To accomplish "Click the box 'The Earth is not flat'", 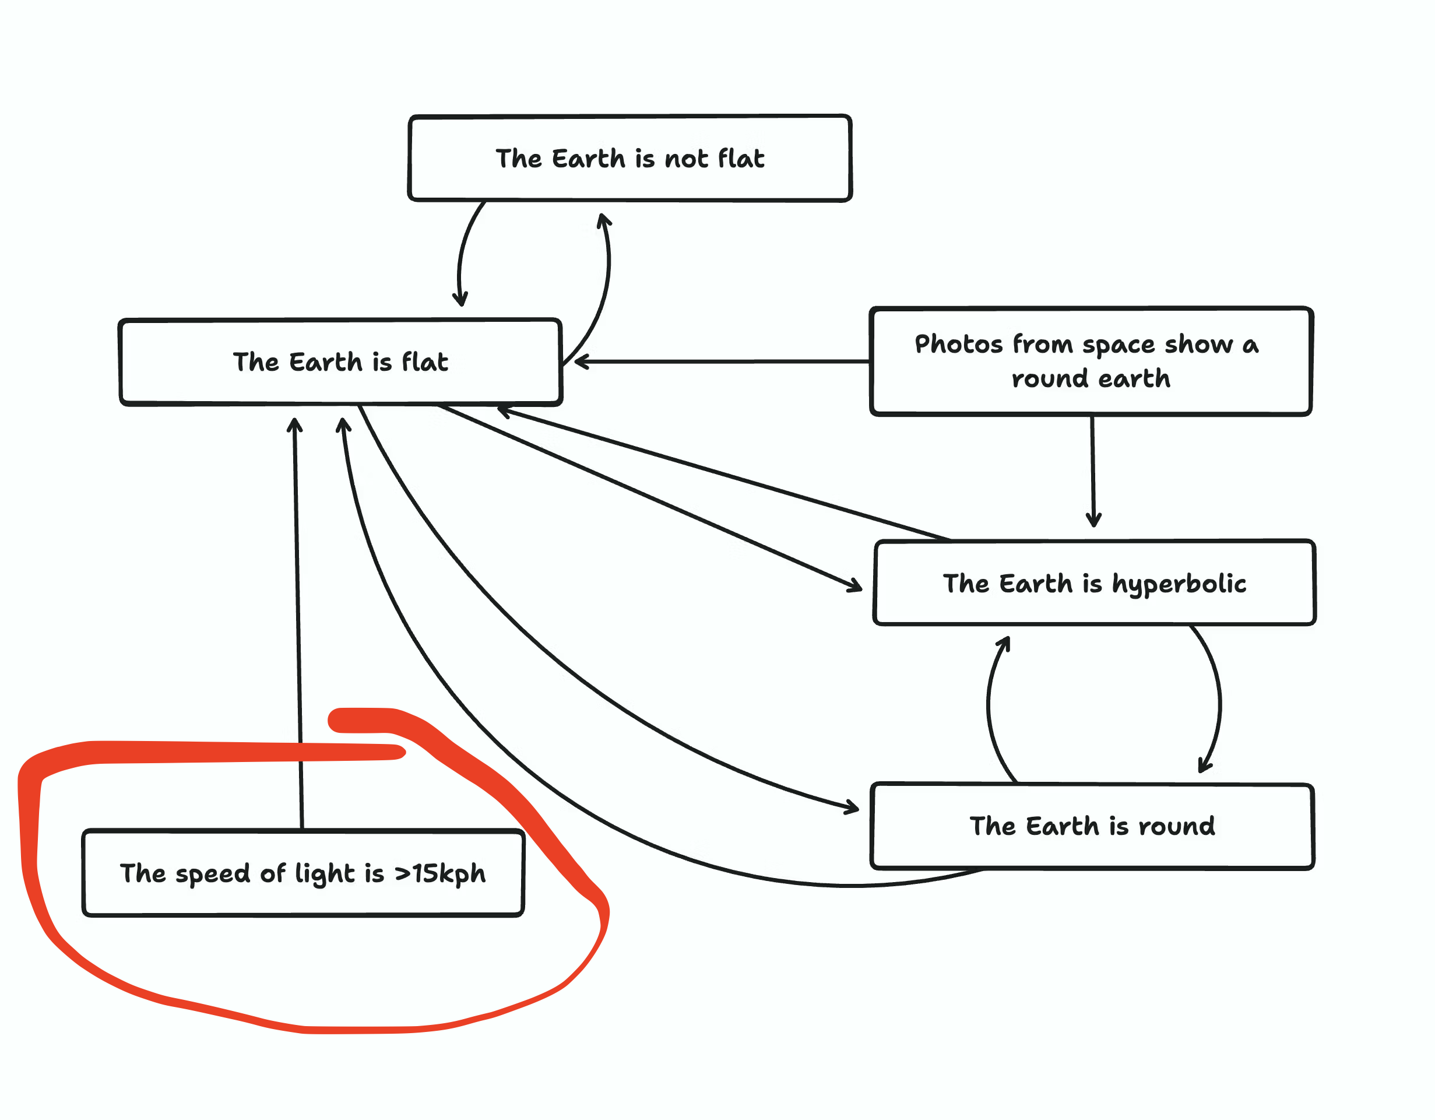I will point(629,158).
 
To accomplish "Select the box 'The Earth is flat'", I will point(340,361).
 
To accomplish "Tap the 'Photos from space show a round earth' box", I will point(1091,361).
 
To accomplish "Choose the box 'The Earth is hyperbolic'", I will point(1094,582).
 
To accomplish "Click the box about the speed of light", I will point(303,873).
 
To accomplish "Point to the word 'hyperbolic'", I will point(1179,584).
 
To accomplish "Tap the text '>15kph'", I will point(439,873).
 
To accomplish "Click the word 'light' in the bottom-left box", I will point(325,873).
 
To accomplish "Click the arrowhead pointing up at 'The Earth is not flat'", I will point(603,218).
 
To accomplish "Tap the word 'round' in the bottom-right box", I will point(1176,826).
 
